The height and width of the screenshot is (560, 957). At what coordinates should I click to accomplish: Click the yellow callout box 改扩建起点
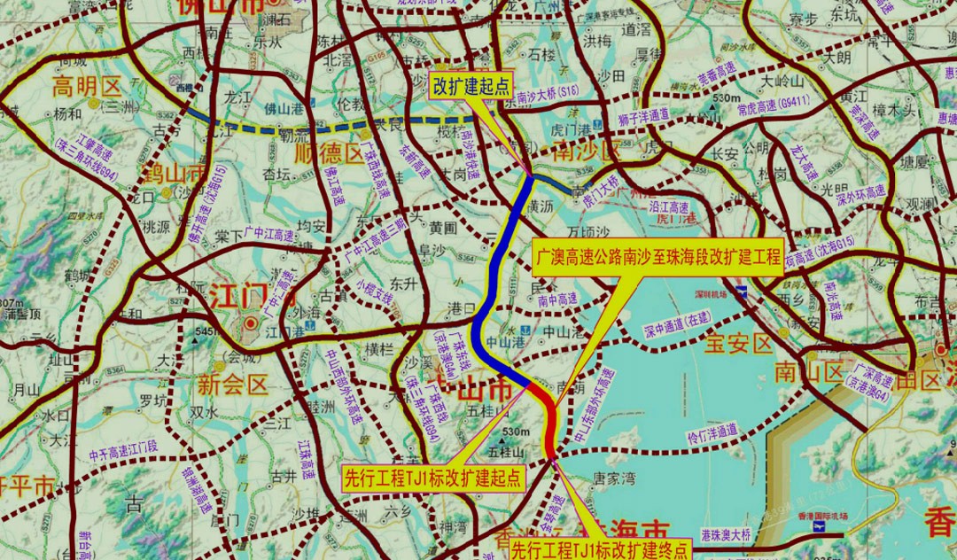coord(473,85)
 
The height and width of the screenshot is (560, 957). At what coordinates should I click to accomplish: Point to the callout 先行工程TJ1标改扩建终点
coord(600,548)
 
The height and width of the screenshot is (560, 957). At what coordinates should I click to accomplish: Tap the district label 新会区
coord(232,384)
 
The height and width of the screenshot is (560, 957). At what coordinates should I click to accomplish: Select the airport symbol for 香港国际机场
coord(816,526)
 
